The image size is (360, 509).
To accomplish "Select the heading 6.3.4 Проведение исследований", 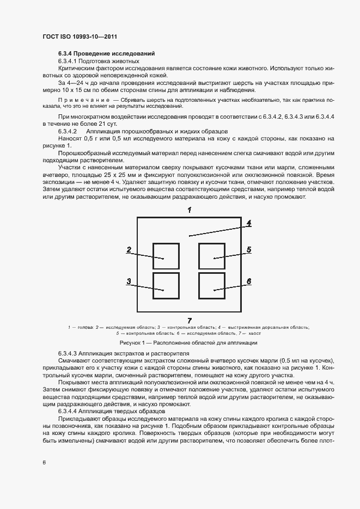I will click(x=107, y=53).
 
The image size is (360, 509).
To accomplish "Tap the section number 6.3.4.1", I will click(x=68, y=62).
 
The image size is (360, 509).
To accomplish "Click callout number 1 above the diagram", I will click(x=189, y=210).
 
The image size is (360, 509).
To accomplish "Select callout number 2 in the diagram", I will click(x=129, y=250).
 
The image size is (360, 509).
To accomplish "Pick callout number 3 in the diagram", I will click(x=129, y=281).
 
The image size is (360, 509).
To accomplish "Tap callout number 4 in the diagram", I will click(x=248, y=223).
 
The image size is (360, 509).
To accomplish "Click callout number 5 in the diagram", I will click(x=248, y=250).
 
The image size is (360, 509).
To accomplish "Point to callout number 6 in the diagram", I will click(x=248, y=281).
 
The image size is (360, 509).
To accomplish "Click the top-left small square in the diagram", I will click(x=166, y=256).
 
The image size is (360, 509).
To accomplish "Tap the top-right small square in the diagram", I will click(x=212, y=256).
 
